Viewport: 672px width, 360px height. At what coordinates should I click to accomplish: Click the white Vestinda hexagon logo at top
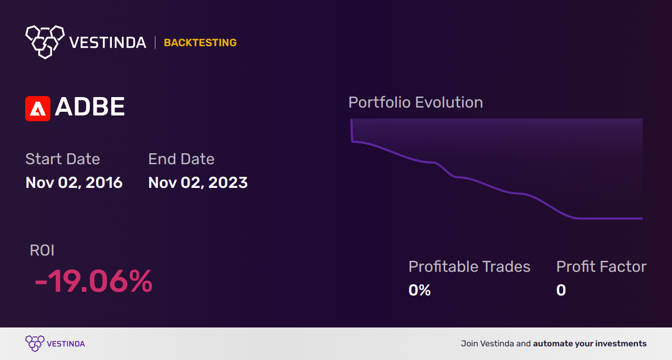45,42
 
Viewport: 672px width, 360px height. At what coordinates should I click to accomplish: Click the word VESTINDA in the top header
108,43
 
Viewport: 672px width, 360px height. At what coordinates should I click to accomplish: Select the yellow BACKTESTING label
200,43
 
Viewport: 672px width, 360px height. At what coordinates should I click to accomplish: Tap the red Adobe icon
38,109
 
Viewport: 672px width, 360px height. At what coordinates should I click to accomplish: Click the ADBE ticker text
90,107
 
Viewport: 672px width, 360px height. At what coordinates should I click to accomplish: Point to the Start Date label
62,158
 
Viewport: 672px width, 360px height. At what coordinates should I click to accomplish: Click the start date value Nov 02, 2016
74,183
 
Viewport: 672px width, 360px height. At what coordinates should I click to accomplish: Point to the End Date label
181,158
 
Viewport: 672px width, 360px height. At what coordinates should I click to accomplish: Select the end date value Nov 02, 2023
198,183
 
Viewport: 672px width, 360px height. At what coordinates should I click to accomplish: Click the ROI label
42,250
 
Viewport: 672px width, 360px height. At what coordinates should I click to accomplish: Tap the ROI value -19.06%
93,281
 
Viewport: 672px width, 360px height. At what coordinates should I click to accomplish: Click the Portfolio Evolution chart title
416,102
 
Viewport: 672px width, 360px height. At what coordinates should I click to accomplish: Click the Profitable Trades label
469,267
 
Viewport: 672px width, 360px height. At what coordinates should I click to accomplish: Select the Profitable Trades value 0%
419,290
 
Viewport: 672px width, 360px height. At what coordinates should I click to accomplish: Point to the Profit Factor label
602,267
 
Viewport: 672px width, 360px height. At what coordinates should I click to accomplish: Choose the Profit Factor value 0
561,290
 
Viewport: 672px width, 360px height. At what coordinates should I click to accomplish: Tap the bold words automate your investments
590,344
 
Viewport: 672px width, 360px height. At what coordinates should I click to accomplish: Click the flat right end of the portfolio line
642,218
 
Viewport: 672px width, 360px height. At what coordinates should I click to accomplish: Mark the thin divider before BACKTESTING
155,43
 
